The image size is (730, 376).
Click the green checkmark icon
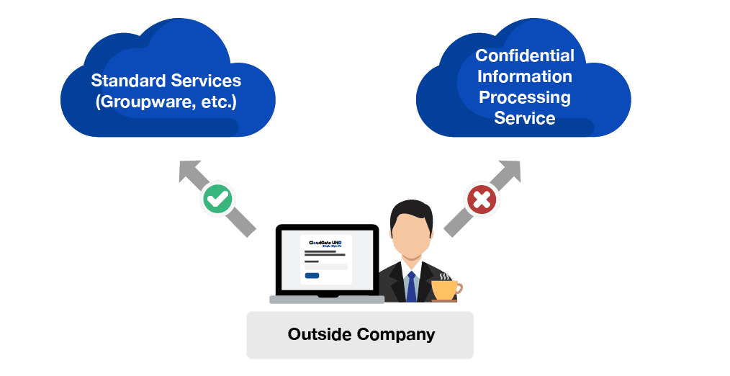[x=217, y=200]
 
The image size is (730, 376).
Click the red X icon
[x=480, y=200]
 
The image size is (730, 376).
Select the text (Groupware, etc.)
[x=166, y=102]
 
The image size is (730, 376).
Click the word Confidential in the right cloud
[x=525, y=56]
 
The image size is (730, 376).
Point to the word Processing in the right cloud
[x=525, y=97]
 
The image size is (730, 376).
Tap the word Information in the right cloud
[x=525, y=76]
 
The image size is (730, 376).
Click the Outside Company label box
[x=360, y=335]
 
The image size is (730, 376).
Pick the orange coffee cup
[x=444, y=290]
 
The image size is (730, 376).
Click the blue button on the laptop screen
[x=312, y=276]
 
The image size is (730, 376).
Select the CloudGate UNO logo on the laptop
[x=326, y=243]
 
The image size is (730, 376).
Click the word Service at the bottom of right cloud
[x=525, y=118]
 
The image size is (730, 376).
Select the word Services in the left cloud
[x=206, y=80]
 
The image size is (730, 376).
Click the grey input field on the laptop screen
[x=326, y=267]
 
